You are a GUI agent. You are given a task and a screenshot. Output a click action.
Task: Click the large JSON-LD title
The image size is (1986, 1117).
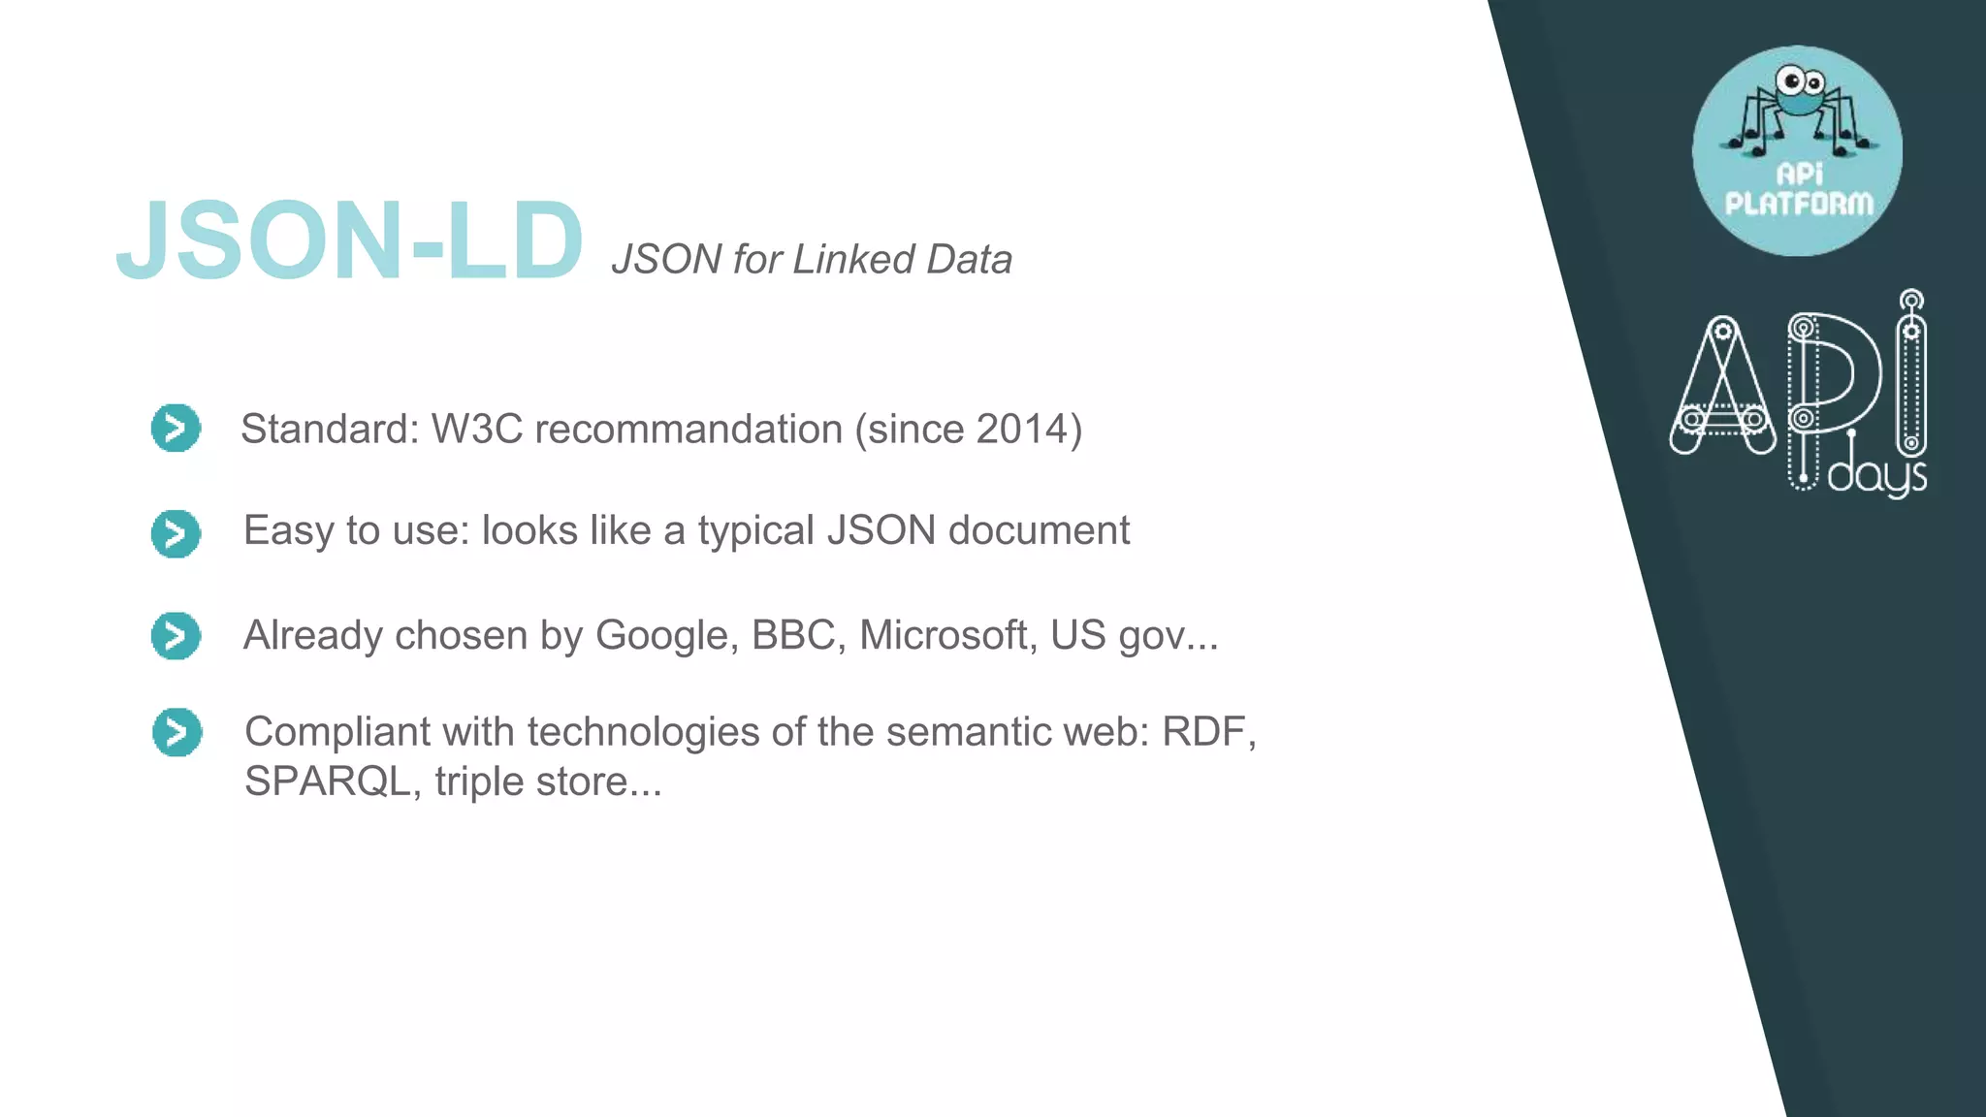349,240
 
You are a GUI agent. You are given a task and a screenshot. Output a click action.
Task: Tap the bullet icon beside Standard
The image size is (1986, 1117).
176,428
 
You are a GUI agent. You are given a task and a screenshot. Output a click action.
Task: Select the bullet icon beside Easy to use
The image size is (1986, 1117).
176,533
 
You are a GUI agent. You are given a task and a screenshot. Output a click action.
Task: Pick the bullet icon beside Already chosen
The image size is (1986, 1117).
176,636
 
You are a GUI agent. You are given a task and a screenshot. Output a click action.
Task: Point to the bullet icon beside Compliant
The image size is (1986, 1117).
176,732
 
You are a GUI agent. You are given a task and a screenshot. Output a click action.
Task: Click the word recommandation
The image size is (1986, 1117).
689,430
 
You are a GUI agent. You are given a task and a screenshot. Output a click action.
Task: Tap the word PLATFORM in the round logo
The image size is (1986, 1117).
1799,204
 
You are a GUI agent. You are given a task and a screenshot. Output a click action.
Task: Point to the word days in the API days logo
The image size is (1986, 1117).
1876,476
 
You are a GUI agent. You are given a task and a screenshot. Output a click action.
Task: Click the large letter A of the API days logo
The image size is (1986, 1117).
1722,388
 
